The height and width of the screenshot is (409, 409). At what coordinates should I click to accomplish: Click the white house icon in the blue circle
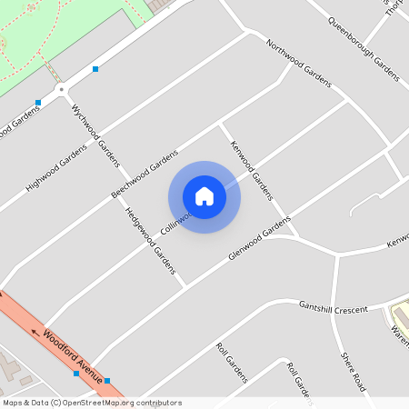204,196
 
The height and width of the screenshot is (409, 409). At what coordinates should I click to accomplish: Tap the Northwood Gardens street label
298,64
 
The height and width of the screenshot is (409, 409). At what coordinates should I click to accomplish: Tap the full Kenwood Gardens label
251,170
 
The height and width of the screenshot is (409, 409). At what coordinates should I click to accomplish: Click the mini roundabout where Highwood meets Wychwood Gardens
62,89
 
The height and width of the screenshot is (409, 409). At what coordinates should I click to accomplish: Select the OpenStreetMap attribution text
91,403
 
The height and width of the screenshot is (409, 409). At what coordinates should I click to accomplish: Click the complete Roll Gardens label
232,362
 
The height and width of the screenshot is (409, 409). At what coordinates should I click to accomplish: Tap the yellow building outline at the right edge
399,317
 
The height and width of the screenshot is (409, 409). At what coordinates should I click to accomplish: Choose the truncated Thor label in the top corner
394,7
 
